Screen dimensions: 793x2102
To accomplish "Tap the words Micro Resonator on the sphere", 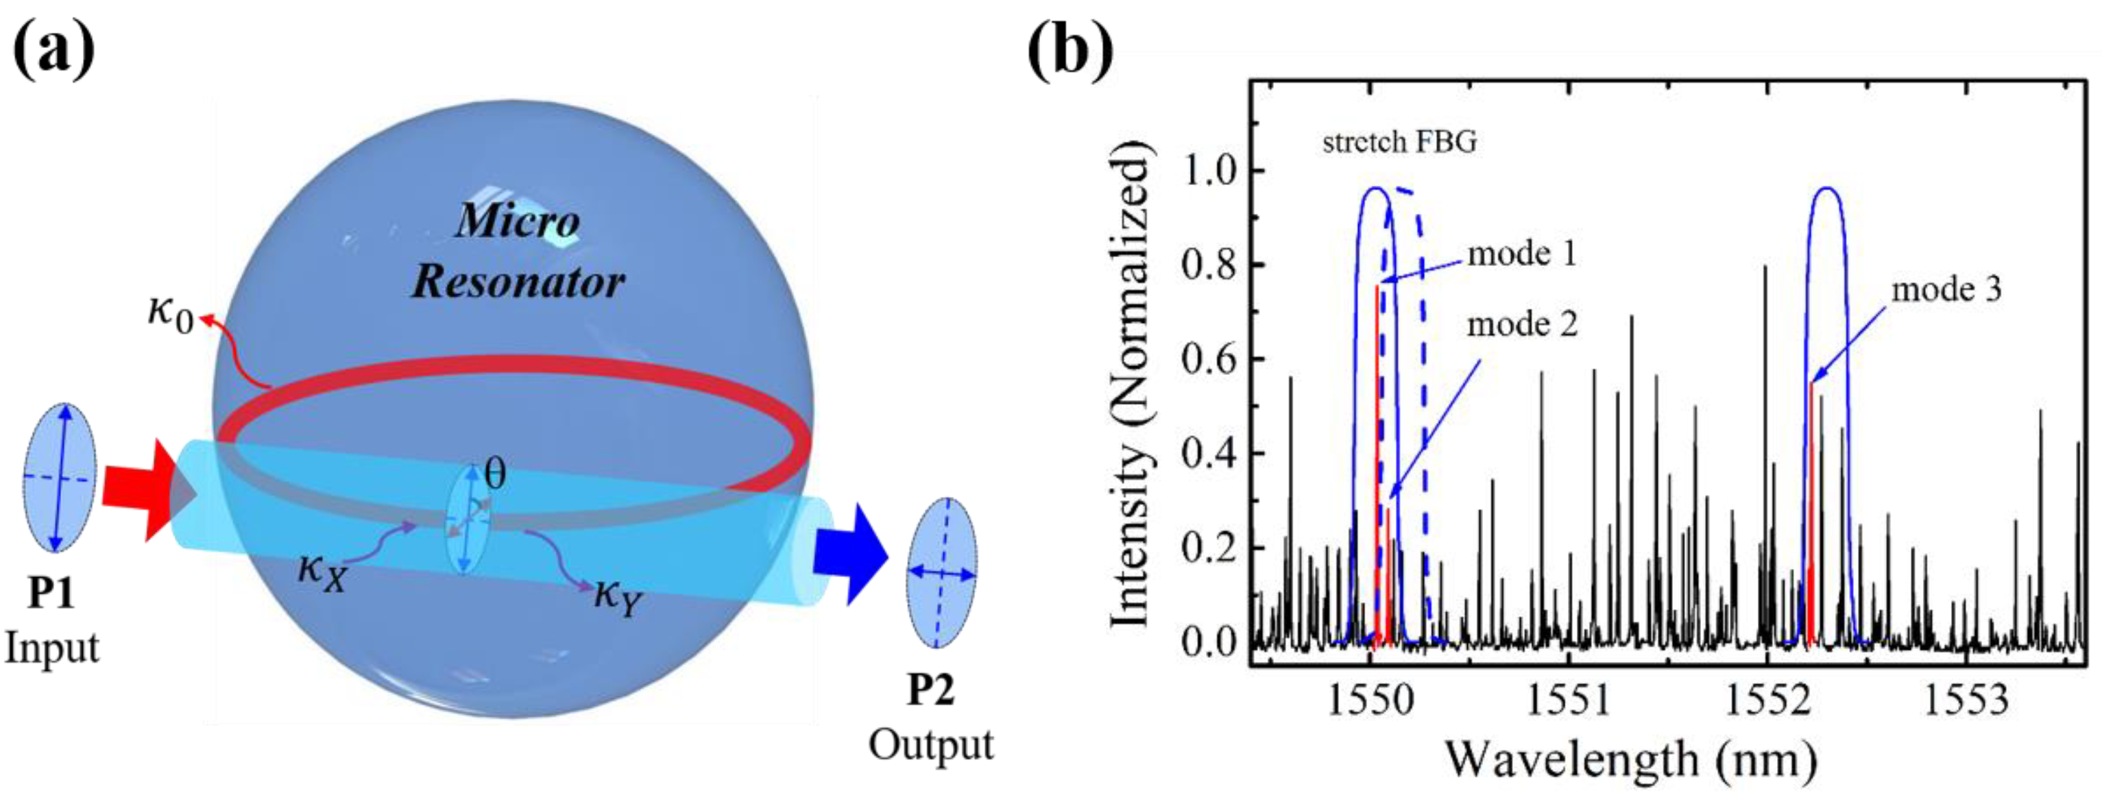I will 518,252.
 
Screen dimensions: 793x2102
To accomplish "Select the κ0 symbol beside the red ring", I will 171,313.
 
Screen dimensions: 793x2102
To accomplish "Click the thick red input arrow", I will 147,489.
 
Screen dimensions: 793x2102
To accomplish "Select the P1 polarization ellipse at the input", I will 59,477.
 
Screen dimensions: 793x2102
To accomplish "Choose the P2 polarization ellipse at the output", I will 942,573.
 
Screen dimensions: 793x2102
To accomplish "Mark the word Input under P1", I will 51,648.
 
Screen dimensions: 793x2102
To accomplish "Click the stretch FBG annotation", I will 1399,143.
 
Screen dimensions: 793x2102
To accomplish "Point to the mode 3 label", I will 1946,290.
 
